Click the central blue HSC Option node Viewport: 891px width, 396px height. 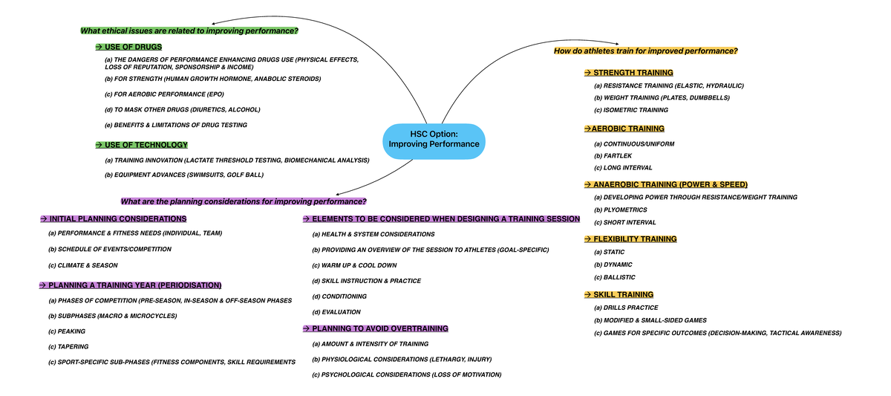click(x=434, y=139)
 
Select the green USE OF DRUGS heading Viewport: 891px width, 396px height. click(x=128, y=47)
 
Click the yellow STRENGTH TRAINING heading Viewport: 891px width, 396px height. click(x=629, y=73)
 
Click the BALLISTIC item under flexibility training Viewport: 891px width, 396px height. click(x=614, y=277)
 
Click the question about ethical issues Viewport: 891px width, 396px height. click(x=189, y=30)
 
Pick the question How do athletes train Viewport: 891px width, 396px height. click(x=645, y=51)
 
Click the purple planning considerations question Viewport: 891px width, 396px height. click(x=244, y=201)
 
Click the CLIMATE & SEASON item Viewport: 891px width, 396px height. click(x=82, y=265)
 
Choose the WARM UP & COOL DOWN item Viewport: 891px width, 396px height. click(x=354, y=265)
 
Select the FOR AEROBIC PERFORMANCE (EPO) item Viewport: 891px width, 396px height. click(x=164, y=94)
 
